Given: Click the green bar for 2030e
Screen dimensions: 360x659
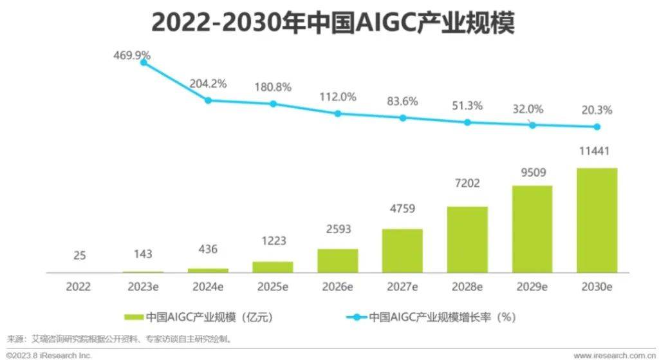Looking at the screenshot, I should pyautogui.click(x=597, y=220).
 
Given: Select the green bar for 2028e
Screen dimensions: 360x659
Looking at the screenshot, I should pyautogui.click(x=467, y=239).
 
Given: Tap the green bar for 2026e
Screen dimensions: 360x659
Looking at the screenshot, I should pyautogui.click(x=337, y=260).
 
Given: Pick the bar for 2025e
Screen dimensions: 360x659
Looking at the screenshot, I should pyautogui.click(x=273, y=267).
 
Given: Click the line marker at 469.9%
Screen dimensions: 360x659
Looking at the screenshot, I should pyautogui.click(x=143, y=62).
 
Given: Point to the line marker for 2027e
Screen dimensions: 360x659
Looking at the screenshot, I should pyautogui.click(x=403, y=118).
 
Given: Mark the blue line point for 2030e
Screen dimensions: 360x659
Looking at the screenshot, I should pyautogui.click(x=597, y=127).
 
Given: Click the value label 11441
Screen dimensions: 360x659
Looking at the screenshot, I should pyautogui.click(x=597, y=151).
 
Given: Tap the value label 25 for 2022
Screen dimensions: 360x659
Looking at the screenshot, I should pyautogui.click(x=79, y=256).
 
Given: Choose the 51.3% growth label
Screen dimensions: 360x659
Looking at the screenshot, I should pyautogui.click(x=467, y=106).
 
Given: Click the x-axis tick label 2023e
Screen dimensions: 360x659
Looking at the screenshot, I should pyautogui.click(x=143, y=287).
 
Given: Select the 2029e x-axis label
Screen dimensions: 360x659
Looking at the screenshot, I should pyautogui.click(x=532, y=287).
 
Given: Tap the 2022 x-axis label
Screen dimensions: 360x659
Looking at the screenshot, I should pyautogui.click(x=79, y=287).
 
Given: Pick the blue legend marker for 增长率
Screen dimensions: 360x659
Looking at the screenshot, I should pyautogui.click(x=357, y=317).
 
